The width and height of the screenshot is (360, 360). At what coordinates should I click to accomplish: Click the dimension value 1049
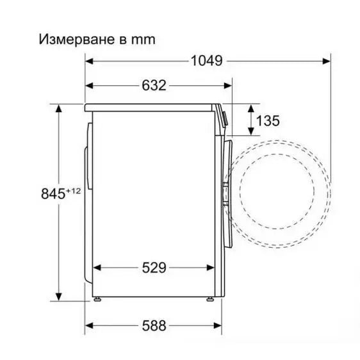click(x=206, y=61)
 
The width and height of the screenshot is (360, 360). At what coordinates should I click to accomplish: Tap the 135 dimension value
click(x=267, y=120)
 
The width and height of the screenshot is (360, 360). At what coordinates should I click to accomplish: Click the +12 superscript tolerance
click(x=72, y=189)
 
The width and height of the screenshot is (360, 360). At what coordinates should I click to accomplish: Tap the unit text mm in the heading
click(x=142, y=40)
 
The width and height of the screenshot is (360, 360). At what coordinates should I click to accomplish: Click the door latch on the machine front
click(x=225, y=192)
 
